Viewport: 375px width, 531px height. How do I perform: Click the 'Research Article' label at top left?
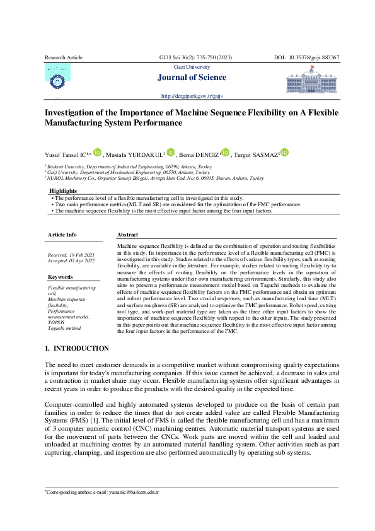(64, 57)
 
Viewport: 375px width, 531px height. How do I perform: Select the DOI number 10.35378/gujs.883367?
(315, 57)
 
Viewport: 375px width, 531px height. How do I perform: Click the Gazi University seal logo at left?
(57, 79)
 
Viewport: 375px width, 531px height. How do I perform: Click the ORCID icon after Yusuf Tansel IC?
(97, 153)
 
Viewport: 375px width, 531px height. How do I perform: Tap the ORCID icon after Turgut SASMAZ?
(284, 153)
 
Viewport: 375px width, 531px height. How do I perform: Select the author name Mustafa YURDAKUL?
(136, 155)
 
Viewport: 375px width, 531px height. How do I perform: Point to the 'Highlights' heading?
(63, 190)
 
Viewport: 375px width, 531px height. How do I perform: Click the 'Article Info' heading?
(62, 235)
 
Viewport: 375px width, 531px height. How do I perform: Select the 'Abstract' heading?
(128, 235)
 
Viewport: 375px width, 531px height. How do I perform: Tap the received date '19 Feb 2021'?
(81, 254)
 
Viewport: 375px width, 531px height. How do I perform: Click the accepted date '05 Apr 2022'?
(81, 260)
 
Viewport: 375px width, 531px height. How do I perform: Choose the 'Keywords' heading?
(61, 277)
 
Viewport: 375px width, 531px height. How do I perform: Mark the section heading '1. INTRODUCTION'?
(77, 349)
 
